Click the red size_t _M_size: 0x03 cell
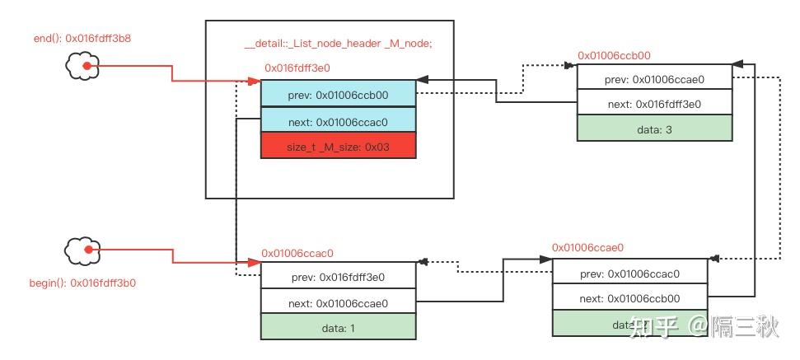coord(338,145)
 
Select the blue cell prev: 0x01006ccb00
coord(338,94)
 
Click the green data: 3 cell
coord(654,128)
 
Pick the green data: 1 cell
coord(338,327)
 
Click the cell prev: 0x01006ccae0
coord(654,79)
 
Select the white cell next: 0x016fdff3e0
coord(654,104)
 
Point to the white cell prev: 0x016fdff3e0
coord(338,276)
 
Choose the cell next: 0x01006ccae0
coord(338,302)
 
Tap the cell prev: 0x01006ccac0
coord(630,273)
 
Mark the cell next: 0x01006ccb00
coord(630,297)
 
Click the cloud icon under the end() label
coord(82,67)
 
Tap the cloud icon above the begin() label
coord(82,250)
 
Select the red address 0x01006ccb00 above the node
coord(614,56)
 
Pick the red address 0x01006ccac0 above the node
coord(297,254)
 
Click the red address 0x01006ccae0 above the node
coord(587,247)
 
